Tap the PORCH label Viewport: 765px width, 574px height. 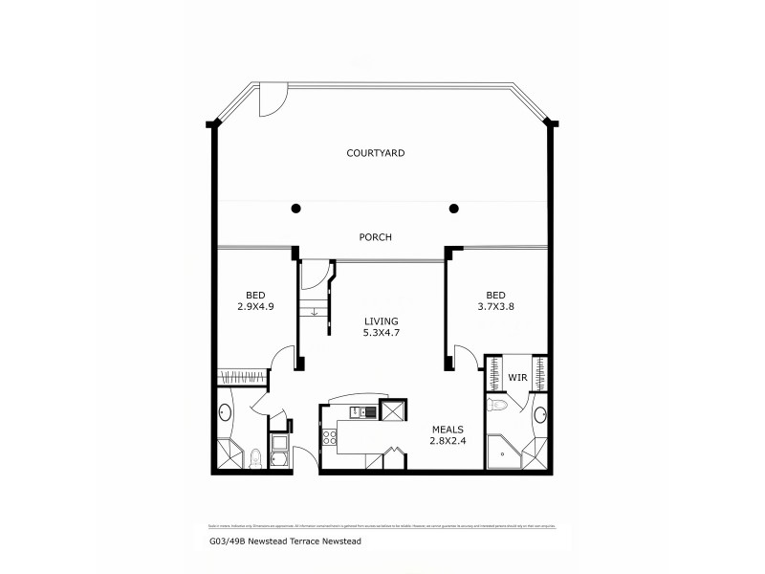pos(375,237)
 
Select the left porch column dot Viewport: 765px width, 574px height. pos(296,208)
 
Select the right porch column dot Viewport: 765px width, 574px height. pos(454,208)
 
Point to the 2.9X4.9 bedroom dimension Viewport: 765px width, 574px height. pos(255,307)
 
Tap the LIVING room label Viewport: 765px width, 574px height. pos(380,321)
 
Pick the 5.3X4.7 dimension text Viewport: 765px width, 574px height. pos(380,334)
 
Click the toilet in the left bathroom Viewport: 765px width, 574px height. pos(255,461)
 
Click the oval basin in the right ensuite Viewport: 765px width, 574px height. pos(539,415)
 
